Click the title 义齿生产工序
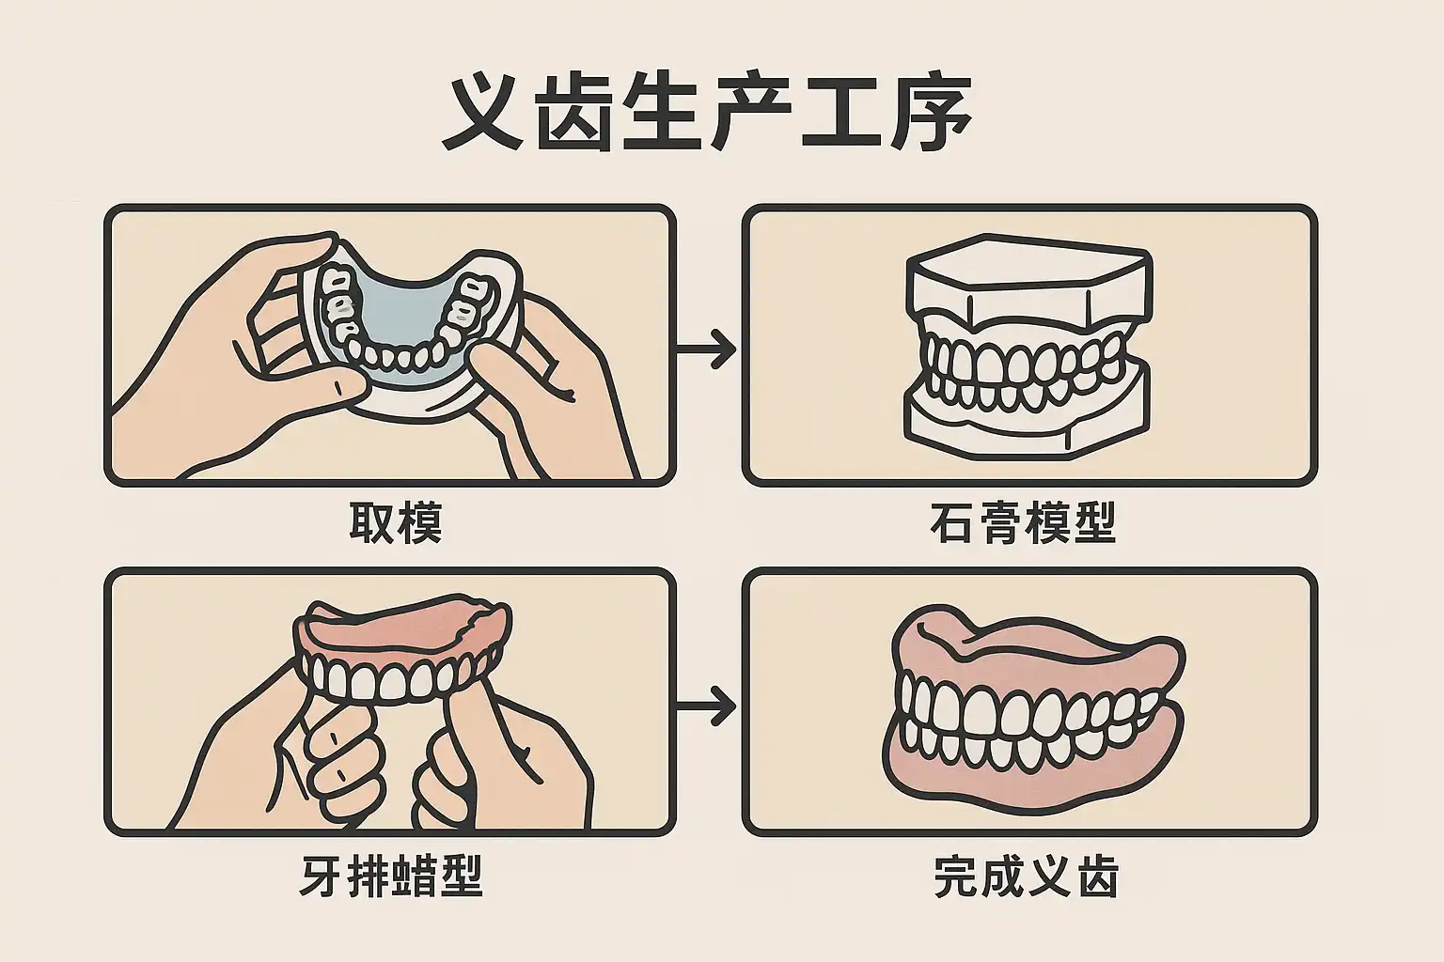coord(707,115)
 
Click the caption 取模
coord(395,522)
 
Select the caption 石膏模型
coord(1023,522)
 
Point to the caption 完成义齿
coord(1026,877)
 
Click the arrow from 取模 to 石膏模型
coord(707,349)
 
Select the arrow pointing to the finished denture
coord(707,706)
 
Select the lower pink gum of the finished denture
coord(1034,784)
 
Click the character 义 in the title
coord(481,115)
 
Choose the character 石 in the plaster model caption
coord(951,522)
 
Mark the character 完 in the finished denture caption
coord(956,877)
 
